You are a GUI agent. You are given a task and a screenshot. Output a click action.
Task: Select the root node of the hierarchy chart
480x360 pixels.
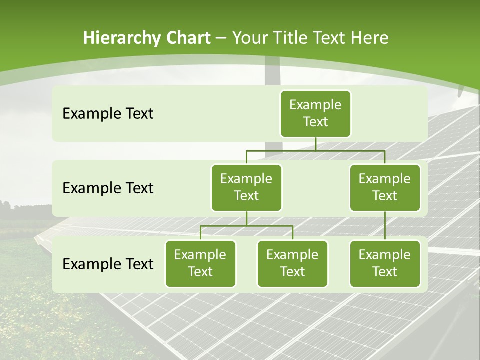point(315,113)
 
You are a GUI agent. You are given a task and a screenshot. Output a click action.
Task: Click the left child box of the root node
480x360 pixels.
point(246,187)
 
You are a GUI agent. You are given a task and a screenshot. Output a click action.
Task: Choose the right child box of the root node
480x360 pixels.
point(385,187)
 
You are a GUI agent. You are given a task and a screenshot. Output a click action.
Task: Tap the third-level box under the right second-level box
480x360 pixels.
point(385,263)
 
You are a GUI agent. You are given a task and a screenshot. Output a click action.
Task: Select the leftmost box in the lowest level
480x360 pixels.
point(200,263)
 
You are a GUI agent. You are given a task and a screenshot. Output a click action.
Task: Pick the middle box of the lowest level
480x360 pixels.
point(292,263)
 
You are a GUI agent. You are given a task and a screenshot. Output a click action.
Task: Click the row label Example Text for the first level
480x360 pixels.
point(108,113)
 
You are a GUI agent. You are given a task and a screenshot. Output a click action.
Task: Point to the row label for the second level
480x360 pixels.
point(108,188)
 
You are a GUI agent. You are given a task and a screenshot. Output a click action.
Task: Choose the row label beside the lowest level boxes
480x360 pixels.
point(108,264)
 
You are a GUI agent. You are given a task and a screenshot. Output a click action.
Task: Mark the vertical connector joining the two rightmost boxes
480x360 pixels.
point(385,226)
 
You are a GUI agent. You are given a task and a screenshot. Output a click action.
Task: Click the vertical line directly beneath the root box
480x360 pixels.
point(315,144)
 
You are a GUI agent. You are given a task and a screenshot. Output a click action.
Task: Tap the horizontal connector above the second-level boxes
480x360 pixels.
point(315,150)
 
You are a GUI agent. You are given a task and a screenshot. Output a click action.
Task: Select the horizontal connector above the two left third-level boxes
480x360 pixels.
point(246,226)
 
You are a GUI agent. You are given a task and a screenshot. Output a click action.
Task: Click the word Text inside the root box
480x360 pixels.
point(315,122)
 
